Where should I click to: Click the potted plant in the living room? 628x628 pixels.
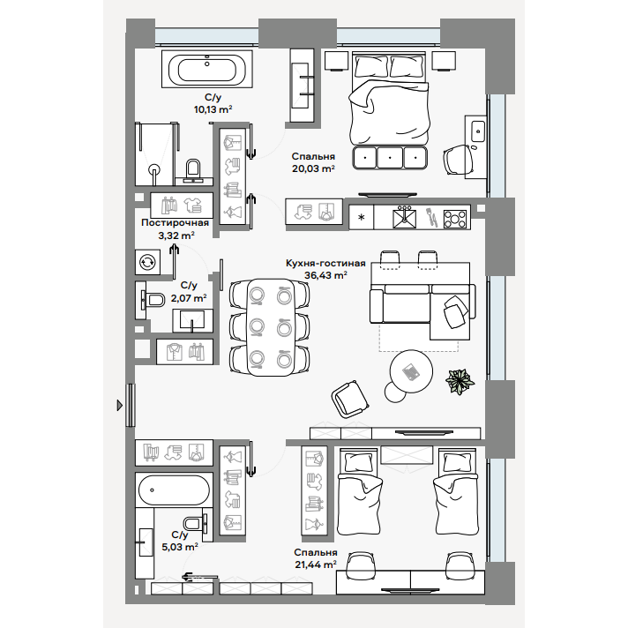pyautogui.click(x=460, y=381)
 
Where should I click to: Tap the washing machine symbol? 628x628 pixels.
pyautogui.click(x=147, y=262)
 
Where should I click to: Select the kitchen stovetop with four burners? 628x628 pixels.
pyautogui.click(x=455, y=220)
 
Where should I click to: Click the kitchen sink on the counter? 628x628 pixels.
pyautogui.click(x=404, y=218)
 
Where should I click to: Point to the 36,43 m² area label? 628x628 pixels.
pyautogui.click(x=325, y=275)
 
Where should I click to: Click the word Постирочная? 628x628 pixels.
pyautogui.click(x=175, y=222)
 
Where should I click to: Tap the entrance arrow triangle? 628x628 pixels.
pyautogui.click(x=119, y=406)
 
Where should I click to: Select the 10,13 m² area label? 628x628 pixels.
pyautogui.click(x=213, y=109)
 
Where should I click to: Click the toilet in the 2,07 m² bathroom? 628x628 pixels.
pyautogui.click(x=153, y=300)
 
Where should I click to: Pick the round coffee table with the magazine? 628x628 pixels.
pyautogui.click(x=411, y=371)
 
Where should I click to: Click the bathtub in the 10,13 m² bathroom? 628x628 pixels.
pyautogui.click(x=206, y=69)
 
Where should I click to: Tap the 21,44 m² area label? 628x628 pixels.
pyautogui.click(x=316, y=564)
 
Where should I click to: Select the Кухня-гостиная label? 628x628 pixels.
pyautogui.click(x=325, y=263)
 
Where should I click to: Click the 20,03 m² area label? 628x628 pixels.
pyautogui.click(x=313, y=168)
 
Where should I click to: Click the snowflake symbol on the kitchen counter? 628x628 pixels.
pyautogui.click(x=362, y=218)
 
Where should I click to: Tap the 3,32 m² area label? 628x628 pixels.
pyautogui.click(x=176, y=235)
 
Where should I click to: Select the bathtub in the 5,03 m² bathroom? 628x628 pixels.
pyautogui.click(x=174, y=490)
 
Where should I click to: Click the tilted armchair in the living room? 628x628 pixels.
pyautogui.click(x=349, y=400)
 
